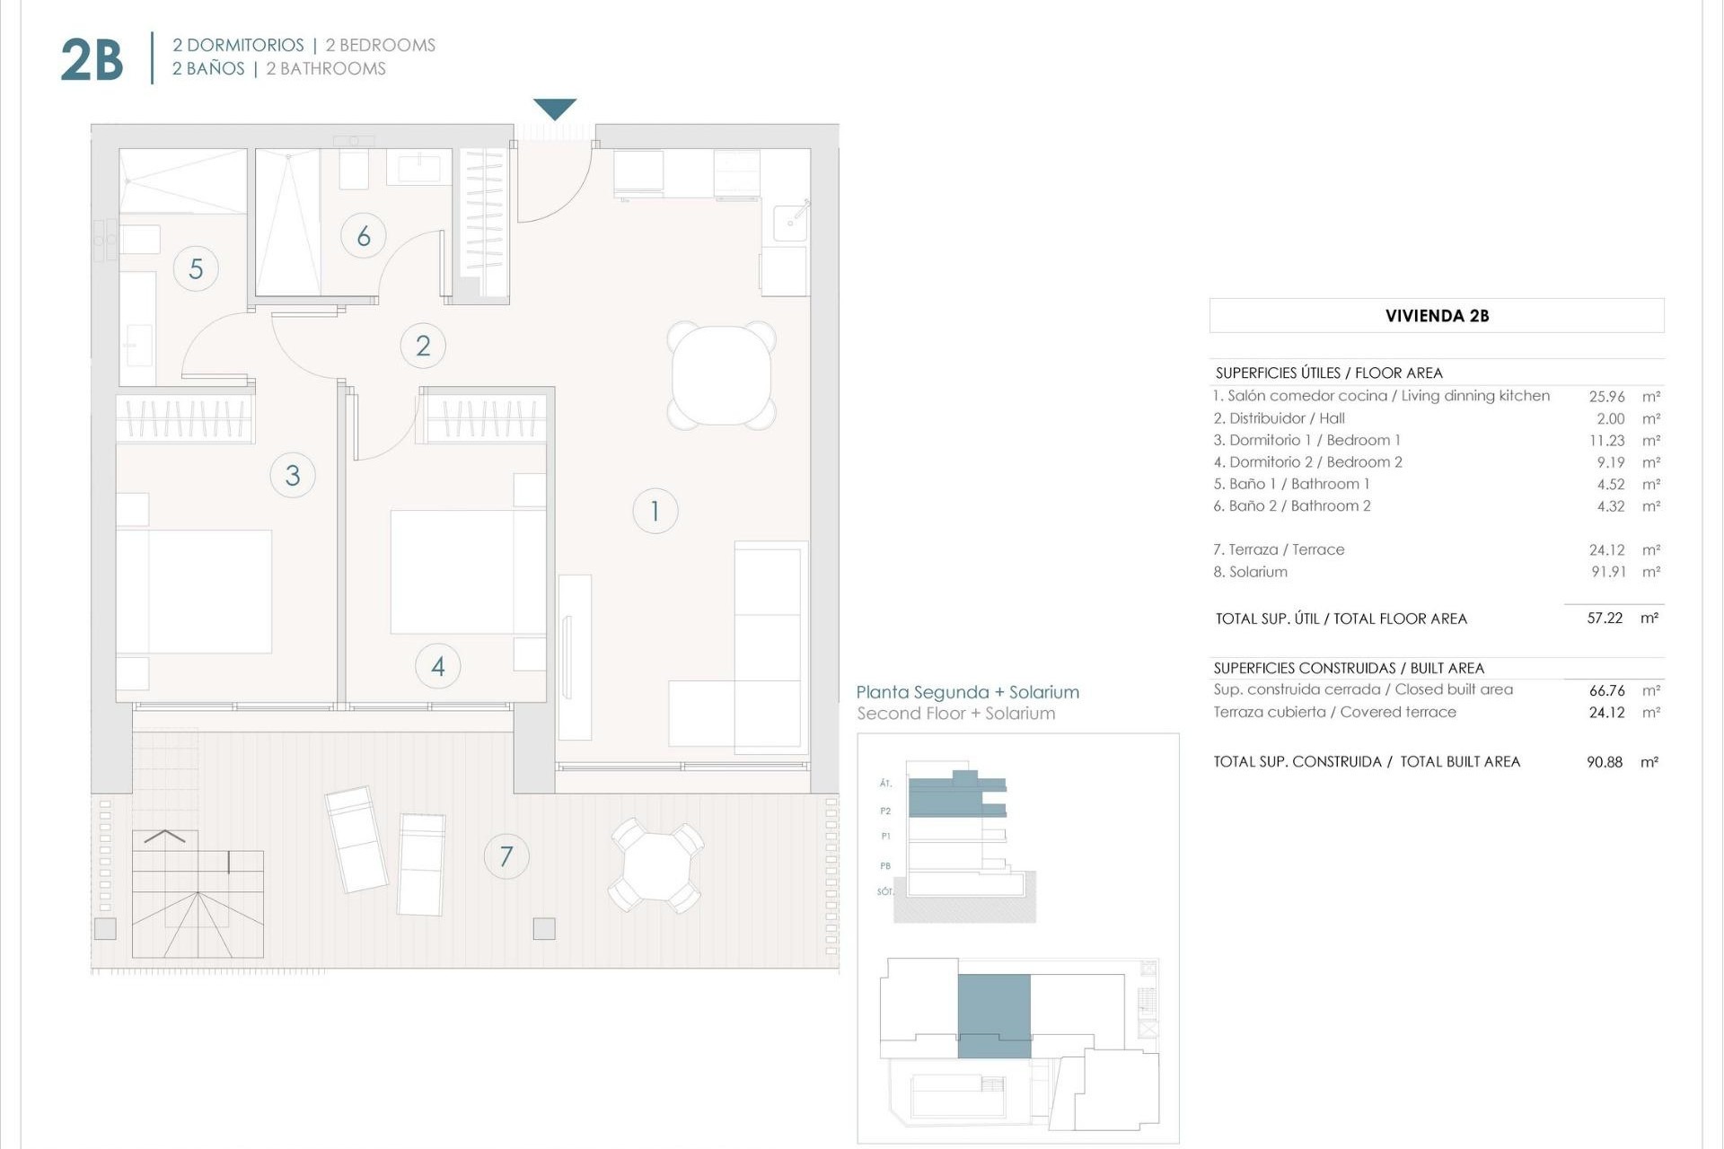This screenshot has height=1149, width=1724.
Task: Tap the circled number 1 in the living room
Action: (655, 511)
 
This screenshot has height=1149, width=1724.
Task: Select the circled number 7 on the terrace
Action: (506, 856)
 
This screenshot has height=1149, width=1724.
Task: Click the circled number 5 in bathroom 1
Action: (196, 268)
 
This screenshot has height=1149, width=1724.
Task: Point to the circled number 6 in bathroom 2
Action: (364, 236)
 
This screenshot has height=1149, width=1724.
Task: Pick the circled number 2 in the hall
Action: (423, 346)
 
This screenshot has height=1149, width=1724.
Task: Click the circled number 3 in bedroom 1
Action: (293, 475)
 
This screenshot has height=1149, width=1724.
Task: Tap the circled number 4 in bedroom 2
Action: (438, 666)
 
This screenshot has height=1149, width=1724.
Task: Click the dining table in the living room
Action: (721, 375)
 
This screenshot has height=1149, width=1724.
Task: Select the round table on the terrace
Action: (656, 865)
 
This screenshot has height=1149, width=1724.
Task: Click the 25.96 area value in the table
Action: (1606, 396)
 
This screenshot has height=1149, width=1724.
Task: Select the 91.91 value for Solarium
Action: (1608, 572)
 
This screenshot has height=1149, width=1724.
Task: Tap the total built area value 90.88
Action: (1604, 762)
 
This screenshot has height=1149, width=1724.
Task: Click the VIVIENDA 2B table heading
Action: (1437, 316)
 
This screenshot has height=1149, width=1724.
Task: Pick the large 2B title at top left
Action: (92, 60)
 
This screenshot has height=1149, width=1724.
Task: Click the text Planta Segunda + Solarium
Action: (967, 692)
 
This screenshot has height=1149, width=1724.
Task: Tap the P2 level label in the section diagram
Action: (885, 811)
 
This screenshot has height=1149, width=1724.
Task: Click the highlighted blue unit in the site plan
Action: (994, 1014)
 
